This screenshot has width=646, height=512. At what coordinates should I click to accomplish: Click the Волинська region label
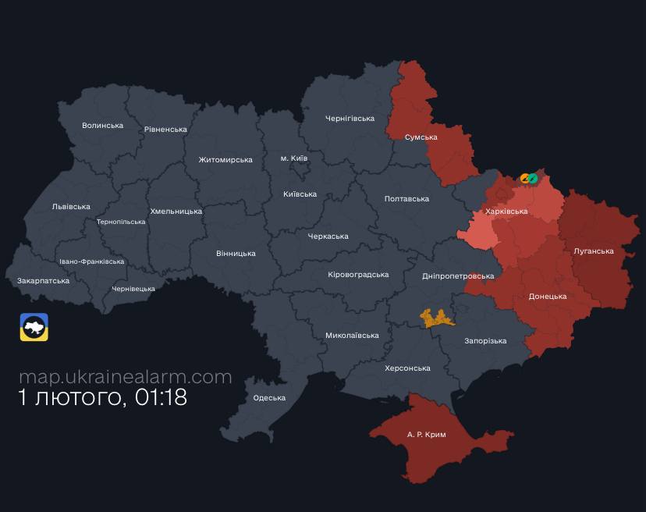[103, 126]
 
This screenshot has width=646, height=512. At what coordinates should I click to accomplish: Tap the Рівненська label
[165, 130]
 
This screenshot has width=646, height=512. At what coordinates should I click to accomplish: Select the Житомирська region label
[225, 160]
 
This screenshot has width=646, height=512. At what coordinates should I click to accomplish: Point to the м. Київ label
[294, 158]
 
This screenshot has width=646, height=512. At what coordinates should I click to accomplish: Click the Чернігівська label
[350, 119]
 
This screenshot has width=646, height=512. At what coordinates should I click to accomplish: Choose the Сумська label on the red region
[421, 137]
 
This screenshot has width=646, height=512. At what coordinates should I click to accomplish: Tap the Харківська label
[506, 212]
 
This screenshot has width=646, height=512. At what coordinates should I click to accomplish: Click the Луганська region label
[593, 251]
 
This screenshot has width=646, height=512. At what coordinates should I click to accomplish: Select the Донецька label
[548, 297]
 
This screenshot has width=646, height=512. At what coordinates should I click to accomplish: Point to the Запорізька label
[485, 341]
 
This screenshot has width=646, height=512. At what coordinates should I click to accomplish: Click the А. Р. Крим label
[427, 434]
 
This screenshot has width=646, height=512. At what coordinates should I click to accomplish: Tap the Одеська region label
[269, 398]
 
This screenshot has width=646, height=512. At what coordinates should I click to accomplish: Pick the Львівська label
[71, 207]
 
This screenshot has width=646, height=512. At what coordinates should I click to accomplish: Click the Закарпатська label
[43, 281]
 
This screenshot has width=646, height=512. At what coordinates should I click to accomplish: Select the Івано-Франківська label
[91, 261]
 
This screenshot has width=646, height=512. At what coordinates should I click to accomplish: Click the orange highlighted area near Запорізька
[437, 318]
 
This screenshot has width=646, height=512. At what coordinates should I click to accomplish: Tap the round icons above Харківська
[529, 178]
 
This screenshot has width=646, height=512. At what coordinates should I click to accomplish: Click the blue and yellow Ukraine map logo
[34, 327]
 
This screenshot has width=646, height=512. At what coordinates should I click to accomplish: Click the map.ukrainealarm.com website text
[126, 377]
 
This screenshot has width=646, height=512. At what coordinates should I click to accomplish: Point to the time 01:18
[161, 397]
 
